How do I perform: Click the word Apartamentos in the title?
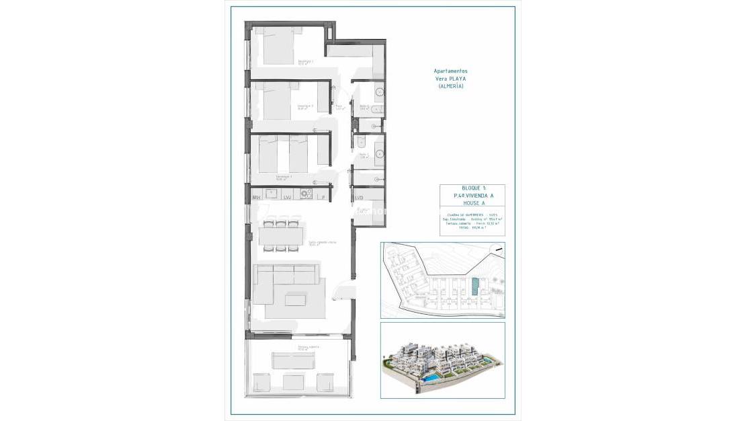[x=450, y=71]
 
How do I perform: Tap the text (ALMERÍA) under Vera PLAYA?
[x=450, y=86]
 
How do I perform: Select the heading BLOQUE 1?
[x=472, y=188]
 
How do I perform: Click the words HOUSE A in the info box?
[x=472, y=202]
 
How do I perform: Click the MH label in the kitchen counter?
[x=256, y=198]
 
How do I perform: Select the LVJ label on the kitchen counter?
[x=287, y=198]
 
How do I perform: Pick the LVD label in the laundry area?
[x=359, y=198]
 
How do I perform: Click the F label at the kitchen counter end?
[x=323, y=198]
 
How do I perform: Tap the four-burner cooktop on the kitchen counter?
[x=306, y=194]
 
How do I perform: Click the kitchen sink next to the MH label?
[x=272, y=194]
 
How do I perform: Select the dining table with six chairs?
[x=282, y=236]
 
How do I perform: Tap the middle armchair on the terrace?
[x=294, y=382]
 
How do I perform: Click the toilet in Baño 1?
[x=361, y=141]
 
